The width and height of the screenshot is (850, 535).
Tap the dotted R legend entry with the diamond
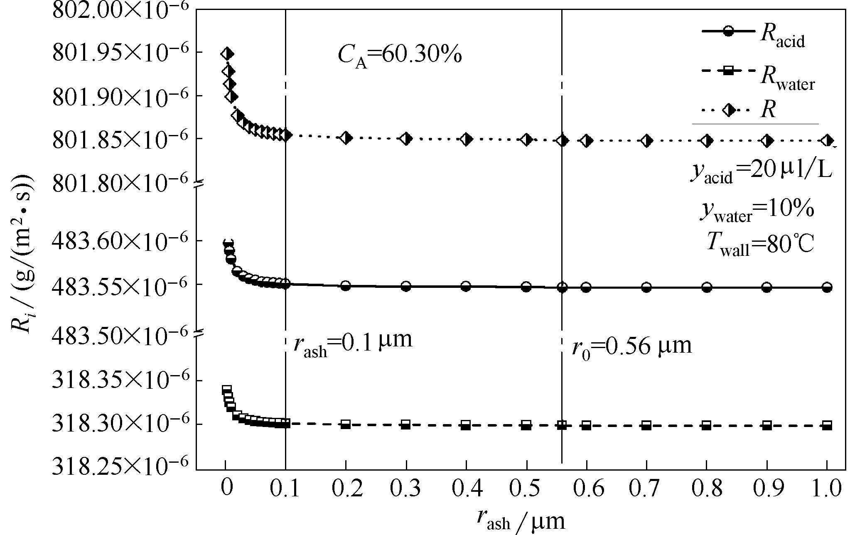point(739,110)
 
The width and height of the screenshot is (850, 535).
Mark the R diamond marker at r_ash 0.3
point(406,138)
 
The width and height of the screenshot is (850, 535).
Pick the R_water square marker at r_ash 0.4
point(466,425)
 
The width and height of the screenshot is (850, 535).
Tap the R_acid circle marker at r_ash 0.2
point(346,286)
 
